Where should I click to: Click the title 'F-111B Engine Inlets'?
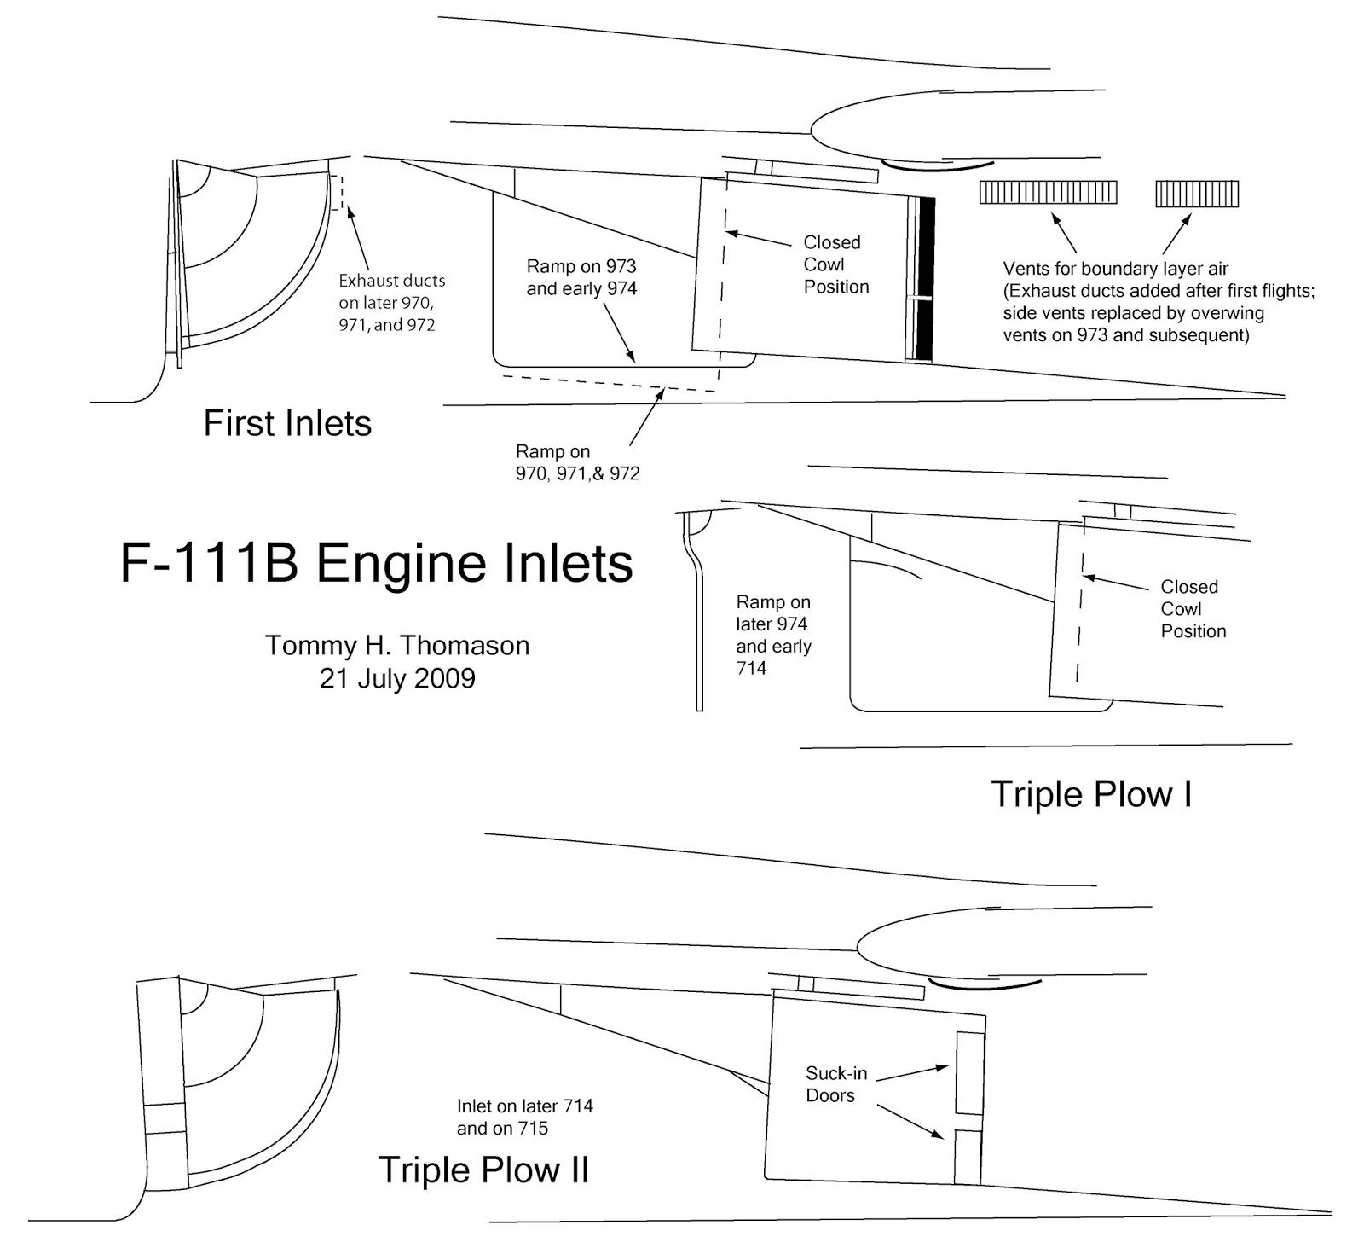376,564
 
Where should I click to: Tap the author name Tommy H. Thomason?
397,645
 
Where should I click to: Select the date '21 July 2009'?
397,678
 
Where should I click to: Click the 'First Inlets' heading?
287,423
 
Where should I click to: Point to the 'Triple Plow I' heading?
1090,794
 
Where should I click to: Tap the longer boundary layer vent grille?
1048,193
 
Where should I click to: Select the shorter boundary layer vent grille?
1197,194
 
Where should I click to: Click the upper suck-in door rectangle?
970,1072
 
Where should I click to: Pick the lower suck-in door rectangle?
968,1156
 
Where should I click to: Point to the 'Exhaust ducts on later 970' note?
391,302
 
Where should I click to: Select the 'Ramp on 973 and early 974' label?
581,277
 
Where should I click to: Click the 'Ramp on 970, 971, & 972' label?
577,462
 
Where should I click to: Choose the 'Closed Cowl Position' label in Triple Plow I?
1193,609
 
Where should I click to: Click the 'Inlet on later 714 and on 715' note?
524,1117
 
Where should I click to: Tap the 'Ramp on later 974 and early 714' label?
773,635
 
